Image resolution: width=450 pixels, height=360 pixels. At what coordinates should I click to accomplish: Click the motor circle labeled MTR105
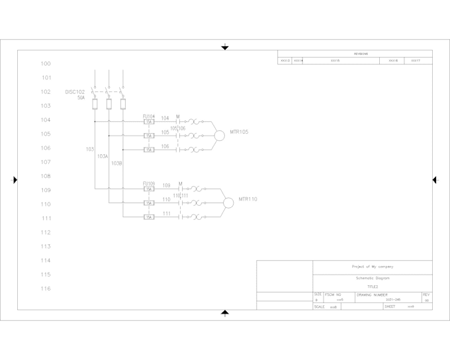(219, 136)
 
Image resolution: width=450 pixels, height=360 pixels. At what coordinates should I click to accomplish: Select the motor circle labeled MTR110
(228, 202)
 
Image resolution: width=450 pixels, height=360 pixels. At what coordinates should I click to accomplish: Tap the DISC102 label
(75, 92)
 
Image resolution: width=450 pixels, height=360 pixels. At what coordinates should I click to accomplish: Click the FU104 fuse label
(149, 116)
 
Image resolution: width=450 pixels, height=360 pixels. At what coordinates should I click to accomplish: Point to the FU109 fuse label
(149, 183)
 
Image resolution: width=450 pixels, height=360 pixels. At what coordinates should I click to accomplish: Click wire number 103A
(103, 156)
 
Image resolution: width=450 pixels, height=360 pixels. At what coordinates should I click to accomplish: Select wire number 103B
(116, 163)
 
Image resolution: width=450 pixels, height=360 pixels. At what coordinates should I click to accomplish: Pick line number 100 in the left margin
(46, 64)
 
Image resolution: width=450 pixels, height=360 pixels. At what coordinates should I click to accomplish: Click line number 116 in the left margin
(46, 289)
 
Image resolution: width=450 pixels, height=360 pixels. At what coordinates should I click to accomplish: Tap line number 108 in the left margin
(46, 176)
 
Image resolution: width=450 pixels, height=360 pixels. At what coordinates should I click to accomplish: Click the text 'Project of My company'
(373, 267)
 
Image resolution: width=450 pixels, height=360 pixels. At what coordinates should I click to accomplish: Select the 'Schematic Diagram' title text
(373, 279)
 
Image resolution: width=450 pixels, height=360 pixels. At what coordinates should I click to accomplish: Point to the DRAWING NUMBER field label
(373, 294)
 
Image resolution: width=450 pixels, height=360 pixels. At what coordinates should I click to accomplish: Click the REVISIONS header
(361, 54)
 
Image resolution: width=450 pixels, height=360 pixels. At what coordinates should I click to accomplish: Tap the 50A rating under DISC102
(81, 98)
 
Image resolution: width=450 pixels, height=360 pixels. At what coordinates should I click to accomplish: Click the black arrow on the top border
(225, 47)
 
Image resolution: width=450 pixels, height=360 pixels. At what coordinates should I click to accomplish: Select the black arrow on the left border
(15, 179)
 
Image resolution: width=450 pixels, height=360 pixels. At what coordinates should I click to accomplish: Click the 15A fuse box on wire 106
(150, 150)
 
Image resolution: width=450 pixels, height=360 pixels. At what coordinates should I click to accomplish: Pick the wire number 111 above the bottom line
(166, 214)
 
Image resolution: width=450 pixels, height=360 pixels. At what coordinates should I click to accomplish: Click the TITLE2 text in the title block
(373, 287)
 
